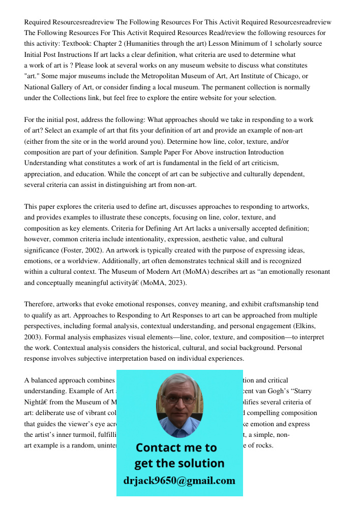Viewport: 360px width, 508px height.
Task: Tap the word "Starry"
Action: [x=302, y=391]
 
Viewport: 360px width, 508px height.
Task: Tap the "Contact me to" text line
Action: [x=176, y=448]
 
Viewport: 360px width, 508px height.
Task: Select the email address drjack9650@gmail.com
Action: [x=179, y=481]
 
